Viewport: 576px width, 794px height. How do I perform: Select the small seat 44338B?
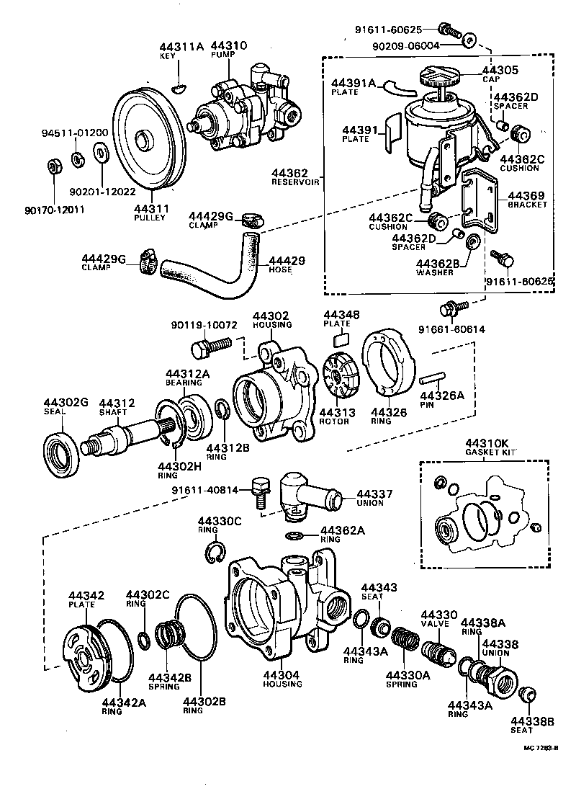527,695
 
